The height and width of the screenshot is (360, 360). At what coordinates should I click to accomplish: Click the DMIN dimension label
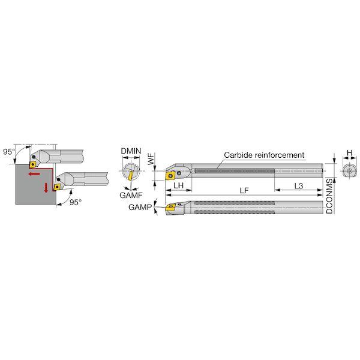[x=131, y=151]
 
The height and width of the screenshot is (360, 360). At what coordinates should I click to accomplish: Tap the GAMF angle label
[x=131, y=196]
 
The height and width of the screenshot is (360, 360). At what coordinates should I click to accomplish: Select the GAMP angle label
[x=140, y=207]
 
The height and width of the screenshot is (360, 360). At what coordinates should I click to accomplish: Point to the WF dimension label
[x=151, y=159]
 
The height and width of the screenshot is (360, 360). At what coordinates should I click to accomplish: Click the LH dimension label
[x=179, y=185]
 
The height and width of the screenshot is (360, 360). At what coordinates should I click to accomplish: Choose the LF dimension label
[x=244, y=190]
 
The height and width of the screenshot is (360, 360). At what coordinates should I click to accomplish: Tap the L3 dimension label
[x=299, y=186]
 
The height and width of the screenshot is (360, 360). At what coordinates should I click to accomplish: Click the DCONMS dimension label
[x=329, y=196]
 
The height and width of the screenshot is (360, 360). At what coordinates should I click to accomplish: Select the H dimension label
[x=349, y=152]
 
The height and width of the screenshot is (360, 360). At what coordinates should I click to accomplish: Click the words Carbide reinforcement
[x=264, y=155]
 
